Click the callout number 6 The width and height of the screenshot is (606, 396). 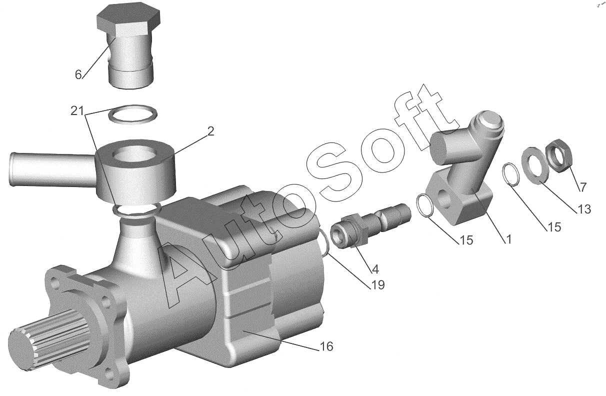pyautogui.click(x=78, y=74)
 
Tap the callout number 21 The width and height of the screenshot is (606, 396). pyautogui.click(x=77, y=111)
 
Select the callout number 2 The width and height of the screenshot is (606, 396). pyautogui.click(x=210, y=131)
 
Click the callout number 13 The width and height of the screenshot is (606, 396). pyautogui.click(x=584, y=209)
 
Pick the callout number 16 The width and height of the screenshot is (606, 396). pyautogui.click(x=326, y=346)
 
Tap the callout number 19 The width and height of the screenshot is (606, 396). pyautogui.click(x=377, y=285)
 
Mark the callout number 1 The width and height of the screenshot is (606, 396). pyautogui.click(x=508, y=239)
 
